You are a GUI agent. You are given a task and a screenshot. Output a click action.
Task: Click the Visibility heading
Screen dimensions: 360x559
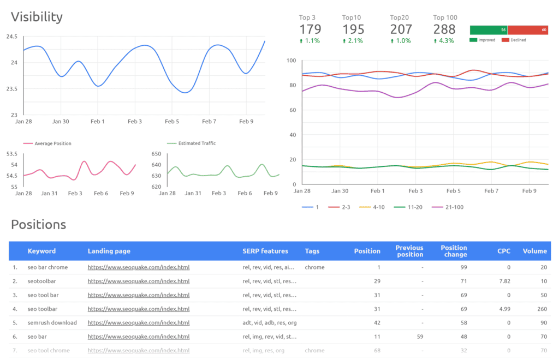click(37, 17)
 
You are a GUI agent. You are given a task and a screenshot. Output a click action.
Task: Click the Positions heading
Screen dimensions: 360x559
click(39, 224)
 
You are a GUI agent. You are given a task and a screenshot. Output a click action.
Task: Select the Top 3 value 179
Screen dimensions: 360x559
click(310, 29)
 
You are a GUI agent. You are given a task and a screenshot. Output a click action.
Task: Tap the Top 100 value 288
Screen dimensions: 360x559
click(444, 29)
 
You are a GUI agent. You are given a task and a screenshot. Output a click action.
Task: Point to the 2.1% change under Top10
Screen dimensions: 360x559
click(353, 41)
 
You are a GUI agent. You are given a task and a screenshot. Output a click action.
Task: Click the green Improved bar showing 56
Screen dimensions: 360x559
click(489, 30)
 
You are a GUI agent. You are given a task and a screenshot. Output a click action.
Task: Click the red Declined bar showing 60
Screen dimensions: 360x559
click(528, 30)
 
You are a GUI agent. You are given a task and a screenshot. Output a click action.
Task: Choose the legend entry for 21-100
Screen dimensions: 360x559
click(448, 207)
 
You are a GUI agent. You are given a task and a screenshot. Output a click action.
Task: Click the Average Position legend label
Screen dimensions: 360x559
click(52, 143)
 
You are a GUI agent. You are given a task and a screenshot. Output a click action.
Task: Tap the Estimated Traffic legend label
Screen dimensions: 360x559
click(197, 143)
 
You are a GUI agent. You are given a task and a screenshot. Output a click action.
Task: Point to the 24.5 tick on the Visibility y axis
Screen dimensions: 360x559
click(11, 37)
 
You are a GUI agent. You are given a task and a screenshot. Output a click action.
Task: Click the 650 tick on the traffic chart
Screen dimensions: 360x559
click(157, 154)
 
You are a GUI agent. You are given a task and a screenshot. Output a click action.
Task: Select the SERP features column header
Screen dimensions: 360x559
click(265, 251)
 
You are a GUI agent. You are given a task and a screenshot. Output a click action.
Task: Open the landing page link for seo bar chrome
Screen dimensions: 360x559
click(139, 268)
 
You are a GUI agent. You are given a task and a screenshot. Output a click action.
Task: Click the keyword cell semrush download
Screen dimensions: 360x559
click(52, 322)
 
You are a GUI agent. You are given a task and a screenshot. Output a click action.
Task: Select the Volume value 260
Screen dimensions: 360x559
click(542, 309)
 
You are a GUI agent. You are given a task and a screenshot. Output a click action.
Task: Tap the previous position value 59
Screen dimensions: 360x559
click(420, 336)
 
